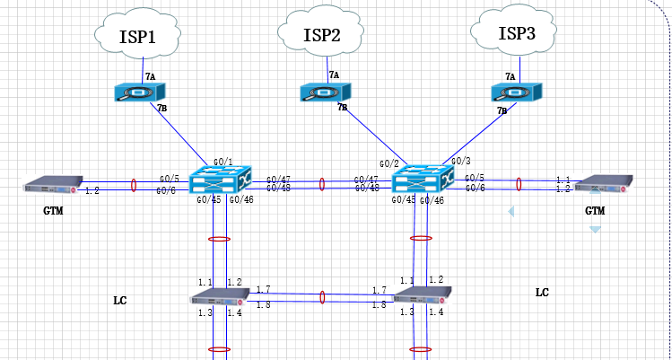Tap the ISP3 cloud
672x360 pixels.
tap(515, 33)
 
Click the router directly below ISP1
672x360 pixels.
tap(144, 92)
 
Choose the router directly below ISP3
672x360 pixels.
tap(515, 92)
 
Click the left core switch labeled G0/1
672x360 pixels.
tap(224, 178)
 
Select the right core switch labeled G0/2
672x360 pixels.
tap(419, 179)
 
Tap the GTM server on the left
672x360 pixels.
tap(53, 185)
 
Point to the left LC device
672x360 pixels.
tap(219, 297)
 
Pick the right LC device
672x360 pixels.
tap(420, 297)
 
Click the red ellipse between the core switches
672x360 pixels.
tap(322, 184)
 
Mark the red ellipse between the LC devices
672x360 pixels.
tap(322, 297)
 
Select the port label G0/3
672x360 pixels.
tap(461, 161)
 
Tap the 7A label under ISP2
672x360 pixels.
tap(334, 75)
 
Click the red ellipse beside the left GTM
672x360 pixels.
tap(135, 185)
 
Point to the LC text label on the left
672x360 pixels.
tap(120, 300)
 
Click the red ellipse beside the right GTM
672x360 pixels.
tap(519, 184)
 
